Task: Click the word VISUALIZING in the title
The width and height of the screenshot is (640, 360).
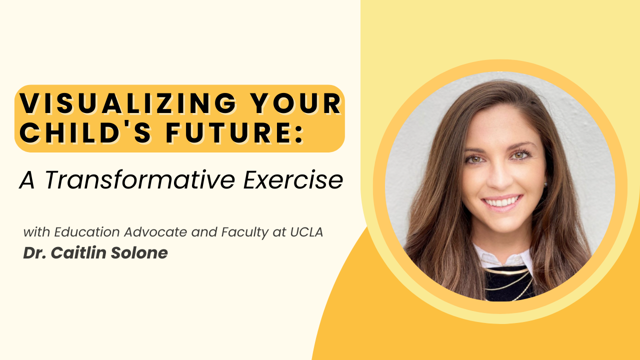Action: click(127, 103)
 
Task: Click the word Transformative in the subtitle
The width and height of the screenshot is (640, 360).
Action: click(140, 179)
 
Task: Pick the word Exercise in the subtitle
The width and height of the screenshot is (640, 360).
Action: click(293, 179)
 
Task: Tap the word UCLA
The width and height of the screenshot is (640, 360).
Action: click(306, 232)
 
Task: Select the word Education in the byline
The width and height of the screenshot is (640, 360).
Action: click(87, 232)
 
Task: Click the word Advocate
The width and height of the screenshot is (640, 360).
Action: click(155, 232)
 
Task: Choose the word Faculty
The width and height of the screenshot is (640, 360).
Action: click(245, 232)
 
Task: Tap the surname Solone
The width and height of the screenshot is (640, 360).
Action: click(139, 252)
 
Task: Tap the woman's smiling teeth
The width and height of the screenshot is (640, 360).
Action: click(502, 202)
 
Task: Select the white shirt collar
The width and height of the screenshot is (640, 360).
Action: click(503, 257)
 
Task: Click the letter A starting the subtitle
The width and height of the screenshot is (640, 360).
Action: click(27, 180)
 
